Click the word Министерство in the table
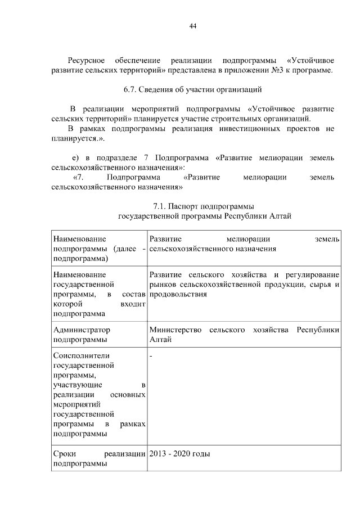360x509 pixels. click(x=176, y=330)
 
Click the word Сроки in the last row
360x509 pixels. click(x=64, y=454)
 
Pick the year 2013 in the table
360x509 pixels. click(x=159, y=454)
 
